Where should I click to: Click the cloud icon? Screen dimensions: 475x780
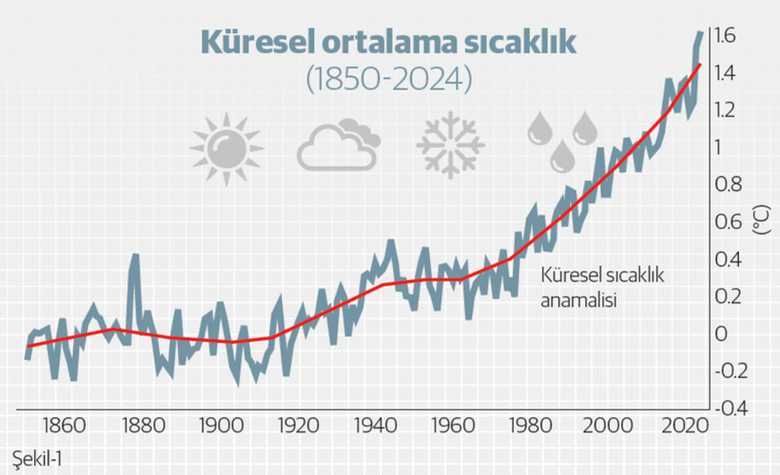(x=338, y=145)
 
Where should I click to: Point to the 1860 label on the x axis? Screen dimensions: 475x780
(x=64, y=424)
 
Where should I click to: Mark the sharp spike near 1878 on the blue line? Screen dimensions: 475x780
(x=135, y=256)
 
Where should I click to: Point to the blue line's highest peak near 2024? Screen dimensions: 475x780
(x=700, y=33)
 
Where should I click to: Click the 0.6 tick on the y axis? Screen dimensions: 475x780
(x=733, y=222)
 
